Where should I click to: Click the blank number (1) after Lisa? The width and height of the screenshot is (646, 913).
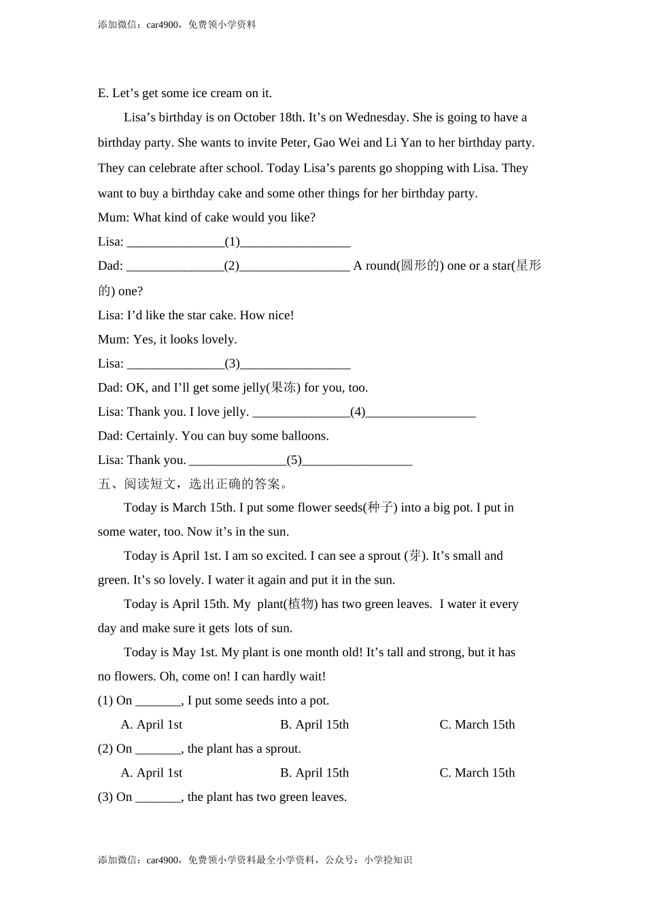click(x=233, y=242)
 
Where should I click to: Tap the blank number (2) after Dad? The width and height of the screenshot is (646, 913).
click(x=232, y=266)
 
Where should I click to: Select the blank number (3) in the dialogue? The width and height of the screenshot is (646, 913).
click(x=233, y=363)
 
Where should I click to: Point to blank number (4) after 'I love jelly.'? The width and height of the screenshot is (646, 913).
click(x=358, y=412)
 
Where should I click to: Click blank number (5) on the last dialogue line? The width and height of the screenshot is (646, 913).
click(x=294, y=460)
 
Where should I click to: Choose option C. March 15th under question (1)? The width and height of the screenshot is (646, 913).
click(x=477, y=725)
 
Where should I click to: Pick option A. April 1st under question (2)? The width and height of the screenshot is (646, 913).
click(x=152, y=773)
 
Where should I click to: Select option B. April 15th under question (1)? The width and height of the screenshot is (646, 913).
click(x=314, y=725)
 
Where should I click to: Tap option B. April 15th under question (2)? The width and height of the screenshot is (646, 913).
click(x=314, y=773)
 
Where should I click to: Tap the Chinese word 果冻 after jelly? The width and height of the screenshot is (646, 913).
click(x=284, y=388)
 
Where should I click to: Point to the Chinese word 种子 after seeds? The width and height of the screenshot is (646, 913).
click(x=380, y=507)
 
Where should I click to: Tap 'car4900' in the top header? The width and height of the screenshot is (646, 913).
click(x=163, y=25)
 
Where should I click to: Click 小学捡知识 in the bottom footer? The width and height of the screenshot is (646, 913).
click(x=388, y=860)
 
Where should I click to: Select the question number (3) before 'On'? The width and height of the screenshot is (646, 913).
click(x=105, y=797)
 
